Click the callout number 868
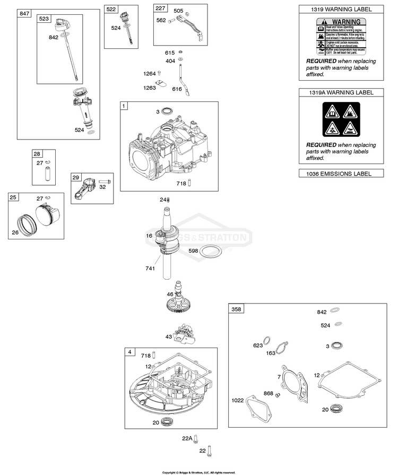click(x=268, y=393)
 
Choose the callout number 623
click(x=258, y=346)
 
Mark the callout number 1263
click(x=149, y=88)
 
